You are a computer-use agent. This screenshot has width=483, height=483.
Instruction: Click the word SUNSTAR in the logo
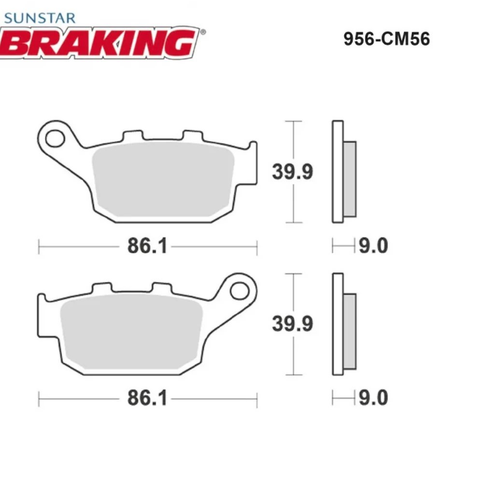pyautogui.click(x=40, y=18)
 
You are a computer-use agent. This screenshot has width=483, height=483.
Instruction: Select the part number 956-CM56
pyautogui.click(x=386, y=39)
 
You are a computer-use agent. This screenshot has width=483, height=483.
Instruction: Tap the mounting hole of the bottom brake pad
pyautogui.click(x=239, y=290)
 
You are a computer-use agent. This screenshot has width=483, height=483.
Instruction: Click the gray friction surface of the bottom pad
pyautogui.click(x=130, y=333)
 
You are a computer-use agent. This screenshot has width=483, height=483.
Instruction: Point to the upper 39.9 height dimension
pyautogui.click(x=292, y=171)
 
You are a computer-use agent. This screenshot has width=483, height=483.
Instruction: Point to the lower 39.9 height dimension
pyautogui.click(x=292, y=324)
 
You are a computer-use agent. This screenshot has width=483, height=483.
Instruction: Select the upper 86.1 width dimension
pyautogui.click(x=147, y=247)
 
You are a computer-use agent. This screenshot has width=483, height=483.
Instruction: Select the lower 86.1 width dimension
pyautogui.click(x=147, y=399)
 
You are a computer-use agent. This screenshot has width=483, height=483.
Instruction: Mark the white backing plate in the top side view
pyautogui.click(x=338, y=171)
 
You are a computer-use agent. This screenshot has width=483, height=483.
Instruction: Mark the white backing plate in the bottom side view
pyautogui.click(x=338, y=324)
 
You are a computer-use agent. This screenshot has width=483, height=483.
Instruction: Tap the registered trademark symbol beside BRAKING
pyautogui.click(x=203, y=32)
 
